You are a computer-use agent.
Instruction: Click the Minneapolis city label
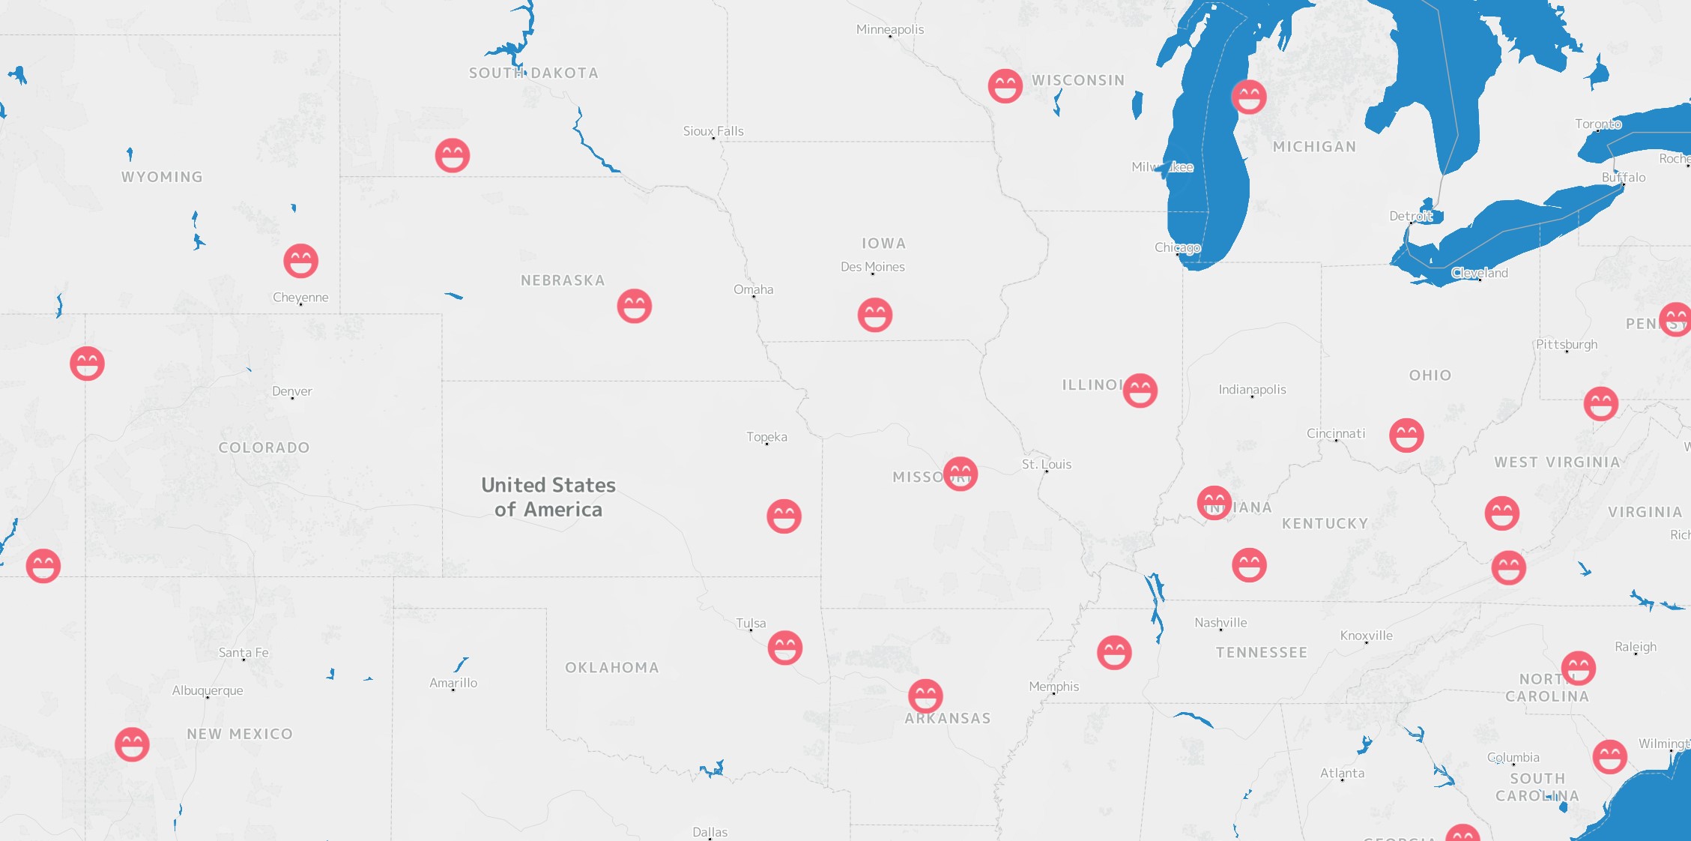(x=890, y=29)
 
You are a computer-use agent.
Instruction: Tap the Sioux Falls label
(x=713, y=131)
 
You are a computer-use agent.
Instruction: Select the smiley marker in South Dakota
(x=453, y=156)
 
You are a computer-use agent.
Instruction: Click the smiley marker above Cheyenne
(x=301, y=261)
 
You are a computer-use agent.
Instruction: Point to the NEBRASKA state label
(x=563, y=280)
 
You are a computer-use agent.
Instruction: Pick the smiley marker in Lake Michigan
(x=1249, y=97)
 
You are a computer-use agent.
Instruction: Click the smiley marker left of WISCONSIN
(x=1005, y=86)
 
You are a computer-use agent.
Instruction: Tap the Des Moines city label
(x=873, y=267)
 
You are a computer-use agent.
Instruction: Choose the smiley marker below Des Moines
(x=875, y=315)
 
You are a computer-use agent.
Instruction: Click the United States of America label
(x=548, y=497)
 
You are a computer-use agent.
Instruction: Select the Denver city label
(x=292, y=391)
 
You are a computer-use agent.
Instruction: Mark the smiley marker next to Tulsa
(x=785, y=648)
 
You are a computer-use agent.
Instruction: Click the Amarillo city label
(x=453, y=683)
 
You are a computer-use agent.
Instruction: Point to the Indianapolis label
(x=1252, y=390)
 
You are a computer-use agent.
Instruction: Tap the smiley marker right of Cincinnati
(x=1406, y=435)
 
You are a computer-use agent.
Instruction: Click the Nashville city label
(x=1220, y=623)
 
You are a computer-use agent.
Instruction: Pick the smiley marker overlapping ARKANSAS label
(x=925, y=696)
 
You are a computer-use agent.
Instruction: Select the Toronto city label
(x=1598, y=124)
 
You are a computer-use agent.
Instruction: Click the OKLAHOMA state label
(x=612, y=668)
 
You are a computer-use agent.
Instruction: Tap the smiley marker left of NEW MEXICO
(x=132, y=744)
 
